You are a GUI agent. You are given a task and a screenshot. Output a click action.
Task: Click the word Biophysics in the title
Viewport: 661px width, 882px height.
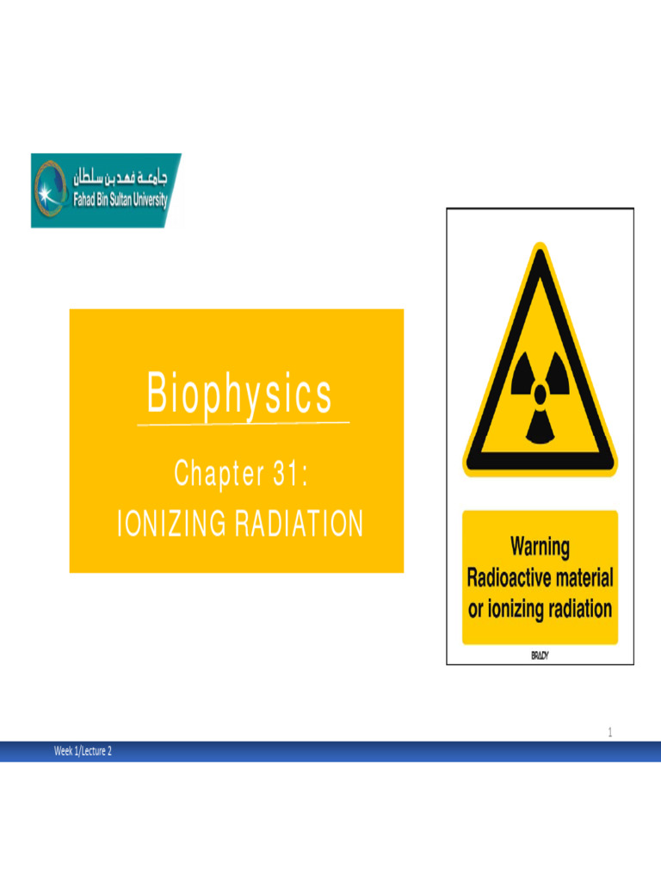pos(239,394)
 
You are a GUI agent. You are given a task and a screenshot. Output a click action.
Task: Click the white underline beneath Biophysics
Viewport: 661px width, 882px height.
pos(244,424)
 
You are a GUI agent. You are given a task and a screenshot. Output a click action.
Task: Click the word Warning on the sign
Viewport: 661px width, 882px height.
pos(540,546)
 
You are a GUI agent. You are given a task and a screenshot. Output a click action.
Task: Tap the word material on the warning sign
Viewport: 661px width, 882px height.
pos(582,577)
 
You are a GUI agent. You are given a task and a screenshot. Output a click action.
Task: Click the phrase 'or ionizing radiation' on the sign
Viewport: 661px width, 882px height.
pos(540,609)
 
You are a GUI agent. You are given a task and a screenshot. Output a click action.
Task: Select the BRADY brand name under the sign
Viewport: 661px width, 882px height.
pos(540,655)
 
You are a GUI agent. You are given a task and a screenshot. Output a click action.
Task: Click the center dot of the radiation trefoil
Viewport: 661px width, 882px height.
pos(540,394)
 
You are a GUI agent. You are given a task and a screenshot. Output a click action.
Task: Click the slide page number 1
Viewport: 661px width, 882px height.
pos(609,732)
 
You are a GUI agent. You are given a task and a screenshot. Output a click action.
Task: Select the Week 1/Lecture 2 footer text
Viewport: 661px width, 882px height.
pos(83,751)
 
